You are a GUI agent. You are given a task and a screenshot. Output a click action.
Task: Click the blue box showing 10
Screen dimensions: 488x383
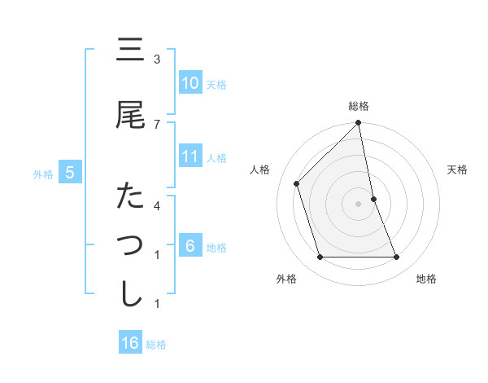190,83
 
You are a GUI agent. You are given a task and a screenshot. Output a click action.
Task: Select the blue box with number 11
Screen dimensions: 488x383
190,156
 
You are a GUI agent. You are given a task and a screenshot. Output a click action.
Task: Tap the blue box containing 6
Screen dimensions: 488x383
190,246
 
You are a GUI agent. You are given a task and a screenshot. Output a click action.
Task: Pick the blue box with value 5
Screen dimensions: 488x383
71,173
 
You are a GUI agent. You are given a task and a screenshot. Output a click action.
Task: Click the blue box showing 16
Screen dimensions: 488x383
130,343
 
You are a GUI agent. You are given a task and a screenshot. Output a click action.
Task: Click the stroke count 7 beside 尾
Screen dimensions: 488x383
157,123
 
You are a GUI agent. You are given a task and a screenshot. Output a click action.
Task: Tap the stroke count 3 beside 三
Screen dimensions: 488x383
157,59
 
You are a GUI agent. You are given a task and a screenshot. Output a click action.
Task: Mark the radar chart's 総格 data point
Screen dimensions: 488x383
358,123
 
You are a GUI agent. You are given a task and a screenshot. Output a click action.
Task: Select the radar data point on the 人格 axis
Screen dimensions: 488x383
297,183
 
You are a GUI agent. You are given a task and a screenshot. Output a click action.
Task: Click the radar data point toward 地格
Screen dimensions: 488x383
396,258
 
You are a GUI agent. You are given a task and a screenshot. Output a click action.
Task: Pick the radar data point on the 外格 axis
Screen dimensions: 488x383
320,258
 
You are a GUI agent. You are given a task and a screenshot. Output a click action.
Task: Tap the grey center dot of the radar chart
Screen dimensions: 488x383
358,204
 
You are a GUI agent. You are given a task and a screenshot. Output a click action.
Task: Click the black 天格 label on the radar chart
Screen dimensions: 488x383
458,169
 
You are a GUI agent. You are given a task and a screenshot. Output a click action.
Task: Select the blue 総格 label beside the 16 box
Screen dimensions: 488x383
157,345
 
